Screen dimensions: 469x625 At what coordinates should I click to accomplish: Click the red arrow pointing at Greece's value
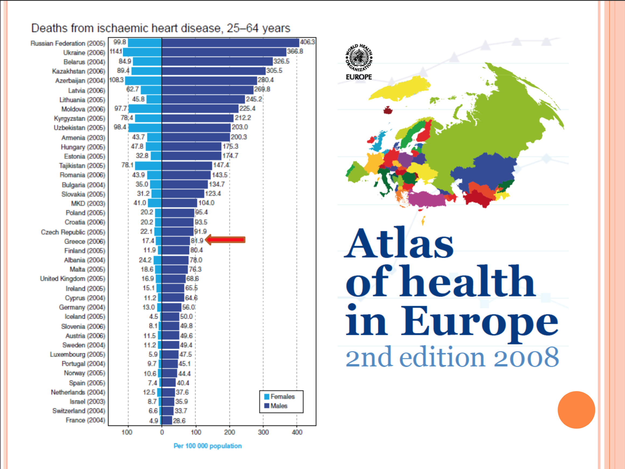pos(225,240)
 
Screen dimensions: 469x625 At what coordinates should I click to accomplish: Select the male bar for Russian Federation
pos(230,43)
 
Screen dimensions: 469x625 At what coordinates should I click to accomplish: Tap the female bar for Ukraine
pos(142,52)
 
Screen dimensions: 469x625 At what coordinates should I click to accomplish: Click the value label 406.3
pos(307,42)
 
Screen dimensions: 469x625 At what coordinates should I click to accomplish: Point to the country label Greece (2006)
pos(85,242)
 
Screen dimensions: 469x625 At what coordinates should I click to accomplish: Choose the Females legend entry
pos(279,397)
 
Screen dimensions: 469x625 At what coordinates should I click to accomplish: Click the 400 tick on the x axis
pos(297,432)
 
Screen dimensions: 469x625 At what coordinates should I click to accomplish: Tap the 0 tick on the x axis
pos(162,432)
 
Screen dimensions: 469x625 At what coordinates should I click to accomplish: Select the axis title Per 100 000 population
pos(207,446)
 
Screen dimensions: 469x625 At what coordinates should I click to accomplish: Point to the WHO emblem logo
pos(359,58)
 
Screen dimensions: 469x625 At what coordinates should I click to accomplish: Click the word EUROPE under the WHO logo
pos(359,77)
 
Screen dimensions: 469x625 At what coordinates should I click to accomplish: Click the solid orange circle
pos(576,410)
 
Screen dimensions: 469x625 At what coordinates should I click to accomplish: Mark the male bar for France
pos(167,420)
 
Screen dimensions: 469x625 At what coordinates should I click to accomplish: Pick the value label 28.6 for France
pos(179,421)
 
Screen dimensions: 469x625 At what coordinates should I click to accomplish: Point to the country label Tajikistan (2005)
pos(82,166)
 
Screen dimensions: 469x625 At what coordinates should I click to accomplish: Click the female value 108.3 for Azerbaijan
pos(116,80)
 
